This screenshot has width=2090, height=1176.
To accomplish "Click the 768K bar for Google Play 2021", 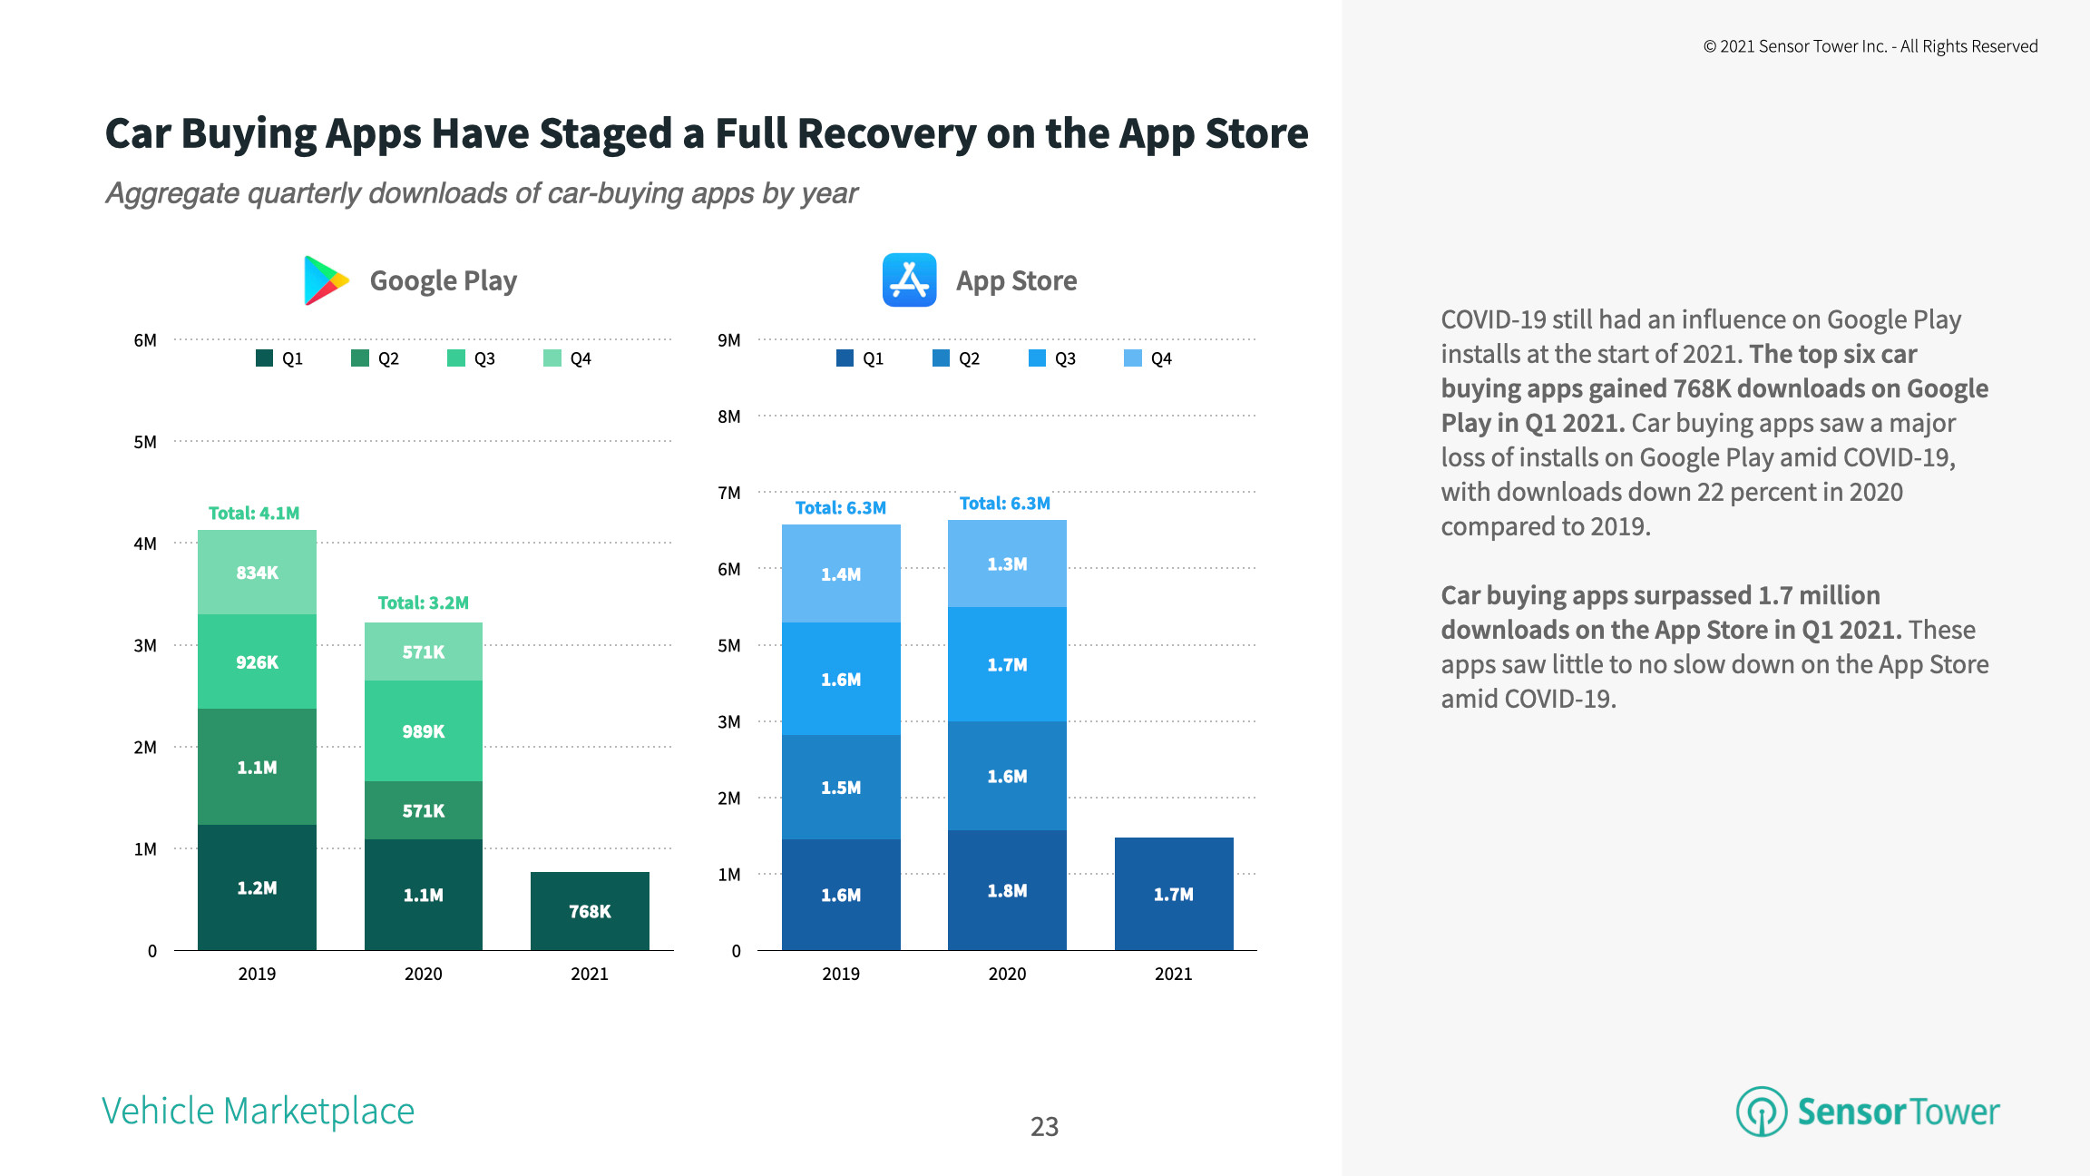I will (x=590, y=911).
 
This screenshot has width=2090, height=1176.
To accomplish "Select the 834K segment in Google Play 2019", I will (x=257, y=573).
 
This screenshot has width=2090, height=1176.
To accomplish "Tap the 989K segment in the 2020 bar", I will (x=423, y=731).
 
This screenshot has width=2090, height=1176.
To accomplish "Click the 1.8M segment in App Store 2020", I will (x=1007, y=890).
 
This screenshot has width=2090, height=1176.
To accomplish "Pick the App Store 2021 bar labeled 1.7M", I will (x=1173, y=894).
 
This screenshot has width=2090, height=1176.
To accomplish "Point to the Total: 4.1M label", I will (x=254, y=513).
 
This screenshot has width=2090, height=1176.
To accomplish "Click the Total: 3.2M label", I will (x=423, y=603).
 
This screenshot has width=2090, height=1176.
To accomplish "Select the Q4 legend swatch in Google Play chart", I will (x=552, y=358).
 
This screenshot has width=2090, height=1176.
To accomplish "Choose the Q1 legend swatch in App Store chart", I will (x=845, y=358).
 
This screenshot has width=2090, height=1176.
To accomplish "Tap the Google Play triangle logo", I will (x=325, y=280).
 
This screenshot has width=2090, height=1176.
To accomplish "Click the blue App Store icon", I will (x=909, y=280).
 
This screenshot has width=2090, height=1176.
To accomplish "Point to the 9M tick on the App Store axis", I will (x=728, y=340).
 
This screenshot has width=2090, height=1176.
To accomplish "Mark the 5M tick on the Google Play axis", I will (x=145, y=442).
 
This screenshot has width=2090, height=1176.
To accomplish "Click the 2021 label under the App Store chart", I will (x=1173, y=974).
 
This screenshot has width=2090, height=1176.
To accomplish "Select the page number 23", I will (x=1044, y=1126).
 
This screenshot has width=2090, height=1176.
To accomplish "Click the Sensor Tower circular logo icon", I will (x=1761, y=1111).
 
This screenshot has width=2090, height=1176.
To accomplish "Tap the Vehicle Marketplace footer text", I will (x=258, y=1111).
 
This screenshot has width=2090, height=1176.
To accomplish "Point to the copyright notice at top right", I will (x=1870, y=46).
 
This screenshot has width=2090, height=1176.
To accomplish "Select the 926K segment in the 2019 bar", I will (x=257, y=662).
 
